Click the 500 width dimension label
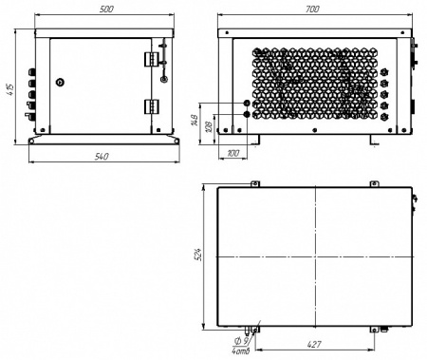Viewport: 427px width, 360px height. pos(106,9)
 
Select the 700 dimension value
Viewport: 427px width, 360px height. pos(312,9)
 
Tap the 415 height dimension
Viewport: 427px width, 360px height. pos(9,90)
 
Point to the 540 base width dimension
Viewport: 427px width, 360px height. pos(102,157)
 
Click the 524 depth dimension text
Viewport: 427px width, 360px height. pos(197,255)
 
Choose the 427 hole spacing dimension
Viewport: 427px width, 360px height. pos(314,344)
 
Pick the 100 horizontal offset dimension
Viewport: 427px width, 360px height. pos(233,153)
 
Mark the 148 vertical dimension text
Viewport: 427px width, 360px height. pos(195,121)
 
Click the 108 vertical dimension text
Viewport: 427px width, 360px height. pos(210,126)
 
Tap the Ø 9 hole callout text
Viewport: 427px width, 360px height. pos(241,341)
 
